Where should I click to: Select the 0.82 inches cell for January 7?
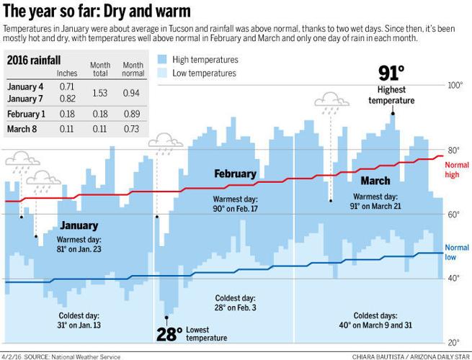(67, 98)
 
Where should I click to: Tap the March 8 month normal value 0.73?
(133, 130)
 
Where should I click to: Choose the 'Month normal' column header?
(133, 68)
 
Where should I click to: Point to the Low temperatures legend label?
(206, 73)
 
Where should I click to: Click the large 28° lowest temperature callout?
(169, 333)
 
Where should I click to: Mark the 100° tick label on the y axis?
(455, 85)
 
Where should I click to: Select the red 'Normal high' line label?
(457, 169)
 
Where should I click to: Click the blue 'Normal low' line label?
(457, 252)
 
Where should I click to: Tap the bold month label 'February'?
(235, 174)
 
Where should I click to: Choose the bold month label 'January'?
(79, 225)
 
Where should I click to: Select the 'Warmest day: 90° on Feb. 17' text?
(235, 203)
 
